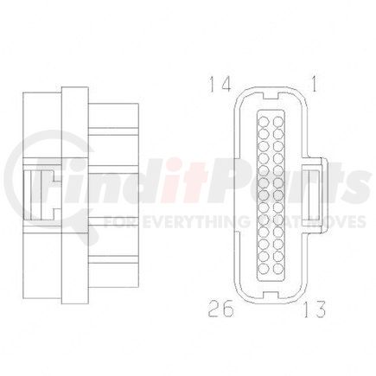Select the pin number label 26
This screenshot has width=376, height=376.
click(x=220, y=307)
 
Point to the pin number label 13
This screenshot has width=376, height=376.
click(x=315, y=308)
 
